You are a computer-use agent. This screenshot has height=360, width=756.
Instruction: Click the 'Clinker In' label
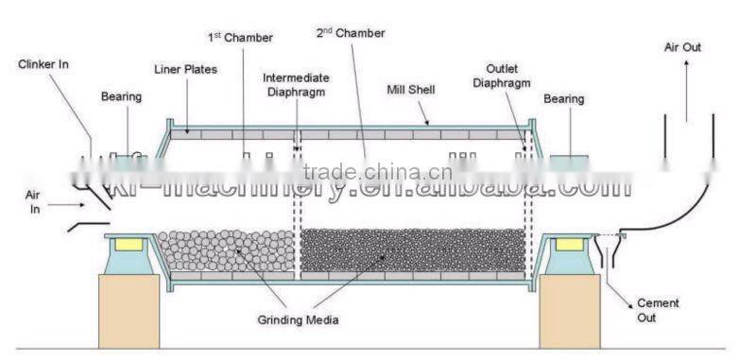[x=43, y=64]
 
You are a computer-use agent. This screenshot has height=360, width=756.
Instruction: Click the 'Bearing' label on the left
[x=121, y=96]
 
